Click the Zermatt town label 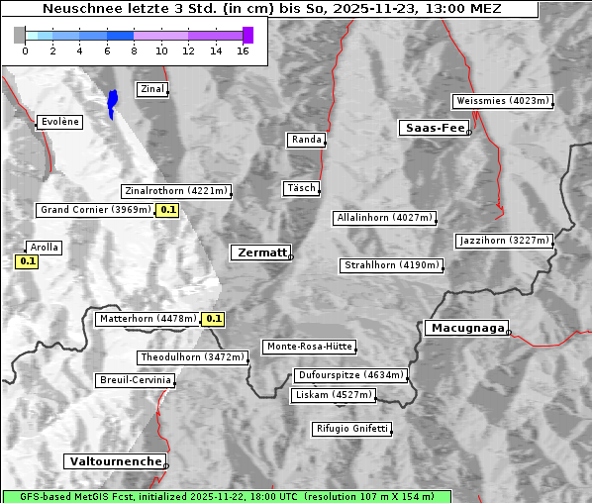point(260,252)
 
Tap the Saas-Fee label point(434,128)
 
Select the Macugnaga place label point(465,328)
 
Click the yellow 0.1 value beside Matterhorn point(213,319)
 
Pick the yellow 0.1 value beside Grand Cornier point(167,210)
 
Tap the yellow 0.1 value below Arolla point(27,261)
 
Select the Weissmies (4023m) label point(501,101)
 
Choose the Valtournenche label point(115,461)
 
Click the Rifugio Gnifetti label point(351,429)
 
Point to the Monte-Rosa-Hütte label point(309,347)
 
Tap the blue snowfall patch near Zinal point(112,102)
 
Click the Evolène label point(59,122)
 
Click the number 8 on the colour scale point(134,50)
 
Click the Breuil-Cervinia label point(136,380)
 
